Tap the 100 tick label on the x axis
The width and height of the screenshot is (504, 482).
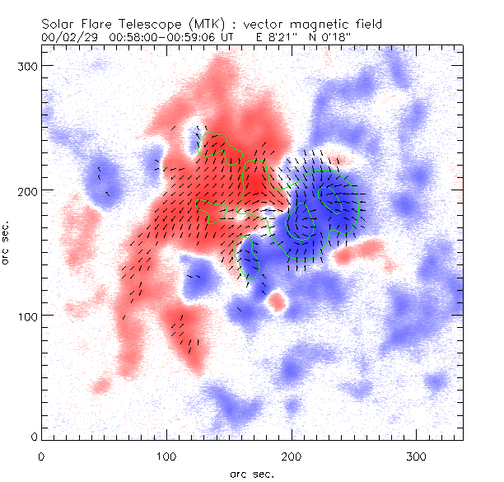click(x=166, y=456)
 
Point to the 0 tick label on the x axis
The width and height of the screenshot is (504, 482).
click(x=41, y=456)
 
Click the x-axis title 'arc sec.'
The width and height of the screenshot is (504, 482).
click(x=251, y=474)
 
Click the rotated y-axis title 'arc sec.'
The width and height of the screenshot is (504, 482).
click(x=7, y=242)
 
